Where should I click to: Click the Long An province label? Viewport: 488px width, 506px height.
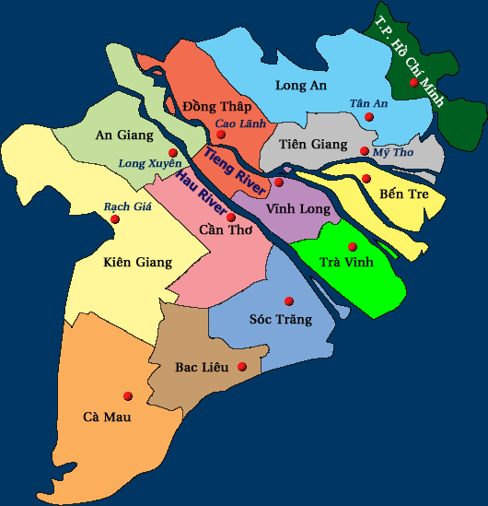(301, 86)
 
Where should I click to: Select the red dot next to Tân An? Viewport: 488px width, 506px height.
(369, 117)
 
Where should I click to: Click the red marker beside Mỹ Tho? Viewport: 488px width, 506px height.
(365, 151)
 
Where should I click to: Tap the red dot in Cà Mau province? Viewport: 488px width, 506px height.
(128, 396)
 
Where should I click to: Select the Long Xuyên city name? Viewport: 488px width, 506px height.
(150, 164)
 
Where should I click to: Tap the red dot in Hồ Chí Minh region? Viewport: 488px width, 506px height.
(414, 83)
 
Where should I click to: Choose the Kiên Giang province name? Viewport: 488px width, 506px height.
(138, 263)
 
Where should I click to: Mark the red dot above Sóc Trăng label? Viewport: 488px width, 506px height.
(289, 300)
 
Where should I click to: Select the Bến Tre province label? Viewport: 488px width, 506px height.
(403, 194)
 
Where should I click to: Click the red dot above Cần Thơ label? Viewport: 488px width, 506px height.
(231, 218)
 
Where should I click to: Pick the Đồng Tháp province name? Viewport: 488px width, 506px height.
(217, 106)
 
